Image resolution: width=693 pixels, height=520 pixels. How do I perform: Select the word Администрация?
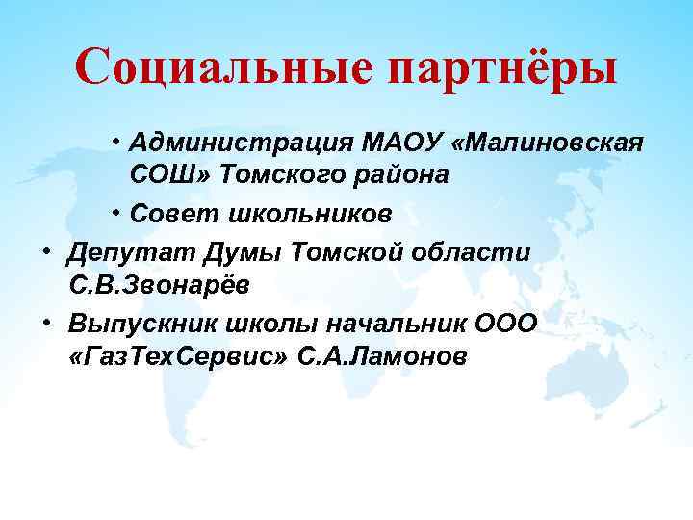tap(240, 143)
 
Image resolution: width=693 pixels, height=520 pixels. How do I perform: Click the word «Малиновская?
tap(546, 143)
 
